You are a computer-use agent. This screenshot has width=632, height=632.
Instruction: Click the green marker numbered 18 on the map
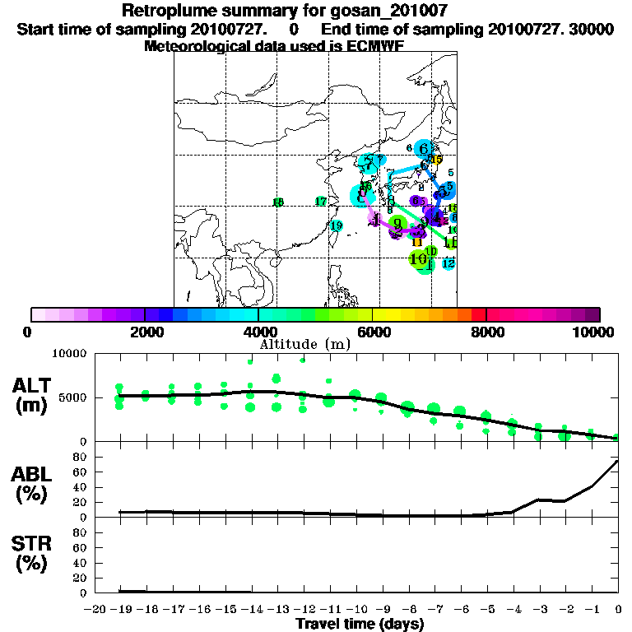(278, 202)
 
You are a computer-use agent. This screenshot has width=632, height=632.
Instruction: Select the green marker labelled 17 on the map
(321, 202)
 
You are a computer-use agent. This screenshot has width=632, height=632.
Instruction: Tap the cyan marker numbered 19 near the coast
(336, 225)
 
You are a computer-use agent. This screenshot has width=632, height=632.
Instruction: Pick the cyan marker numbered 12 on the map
(448, 263)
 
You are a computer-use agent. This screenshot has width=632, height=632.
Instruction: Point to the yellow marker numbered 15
(437, 160)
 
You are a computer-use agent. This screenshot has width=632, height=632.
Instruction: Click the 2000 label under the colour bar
(144, 332)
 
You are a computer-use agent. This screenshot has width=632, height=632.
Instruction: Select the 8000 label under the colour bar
(486, 332)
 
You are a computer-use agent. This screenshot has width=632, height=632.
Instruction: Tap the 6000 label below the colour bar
(373, 332)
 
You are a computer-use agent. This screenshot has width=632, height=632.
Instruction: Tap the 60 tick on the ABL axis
(81, 472)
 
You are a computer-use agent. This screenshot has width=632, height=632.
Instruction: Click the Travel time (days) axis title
(360, 625)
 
